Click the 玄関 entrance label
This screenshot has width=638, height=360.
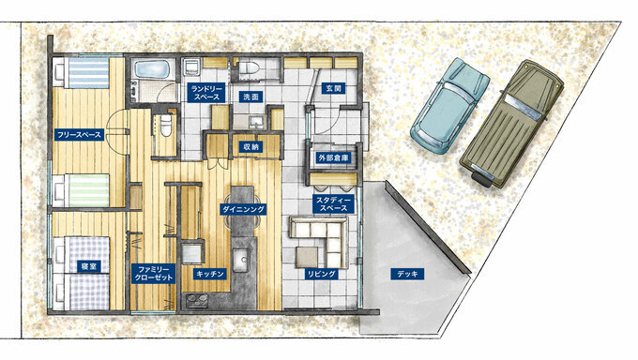pos(333,88)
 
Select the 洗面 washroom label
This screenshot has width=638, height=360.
pos(251,97)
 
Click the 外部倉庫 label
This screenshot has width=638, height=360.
pos(334,157)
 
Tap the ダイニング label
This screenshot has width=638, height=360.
pos(243,209)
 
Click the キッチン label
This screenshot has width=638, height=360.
pos(210,274)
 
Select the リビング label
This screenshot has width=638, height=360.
pos(322,274)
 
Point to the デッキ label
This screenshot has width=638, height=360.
pos(407,274)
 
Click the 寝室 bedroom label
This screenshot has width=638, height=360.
pos(89,266)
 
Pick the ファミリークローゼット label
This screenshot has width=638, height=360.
pos(154,274)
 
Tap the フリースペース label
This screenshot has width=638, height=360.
pos(80,135)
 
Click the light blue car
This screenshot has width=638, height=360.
pos(450,106)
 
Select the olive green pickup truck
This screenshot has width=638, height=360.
pos(512,124)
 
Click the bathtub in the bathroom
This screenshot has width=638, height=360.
pos(151,70)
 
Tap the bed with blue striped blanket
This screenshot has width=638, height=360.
pos(82,73)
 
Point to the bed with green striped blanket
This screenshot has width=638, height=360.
pos(82,190)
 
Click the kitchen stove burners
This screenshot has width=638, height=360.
pos(197,302)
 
